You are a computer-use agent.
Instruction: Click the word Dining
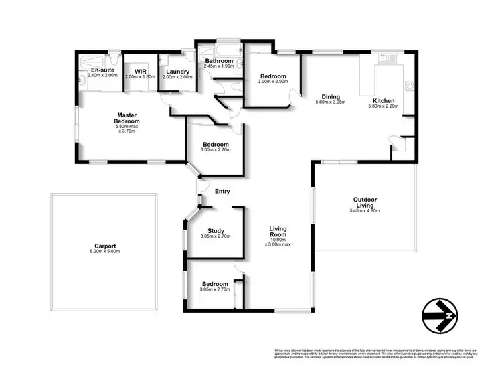[330, 96]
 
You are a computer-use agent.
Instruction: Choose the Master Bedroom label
[127, 118]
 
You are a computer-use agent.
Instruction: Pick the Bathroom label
[219, 60]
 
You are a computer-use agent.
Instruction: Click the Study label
[216, 230]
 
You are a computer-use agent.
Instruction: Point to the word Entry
[222, 192]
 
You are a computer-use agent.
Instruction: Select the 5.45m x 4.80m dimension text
[364, 211]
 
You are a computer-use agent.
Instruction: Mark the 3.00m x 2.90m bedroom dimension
[274, 81]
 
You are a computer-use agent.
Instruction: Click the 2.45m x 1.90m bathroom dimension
[219, 66]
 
